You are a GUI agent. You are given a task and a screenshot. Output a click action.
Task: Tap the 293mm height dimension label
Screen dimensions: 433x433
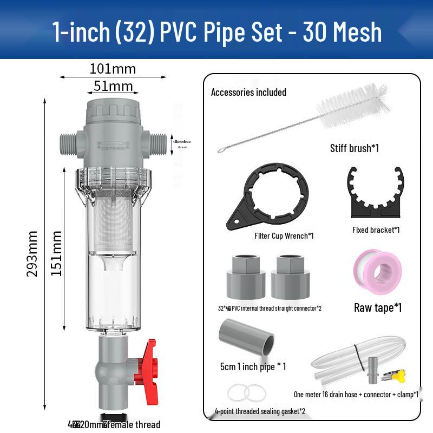(x=33, y=253)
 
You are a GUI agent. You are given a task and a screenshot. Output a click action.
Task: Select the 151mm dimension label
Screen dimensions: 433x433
(x=56, y=253)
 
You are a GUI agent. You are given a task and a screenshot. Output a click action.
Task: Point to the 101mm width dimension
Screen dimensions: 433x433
(x=113, y=69)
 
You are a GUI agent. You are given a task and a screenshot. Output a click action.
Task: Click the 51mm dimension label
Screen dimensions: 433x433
(x=113, y=86)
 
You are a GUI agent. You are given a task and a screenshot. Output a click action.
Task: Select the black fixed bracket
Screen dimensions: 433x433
(x=375, y=193)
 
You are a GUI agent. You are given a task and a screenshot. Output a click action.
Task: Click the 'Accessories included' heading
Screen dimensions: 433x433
(x=248, y=92)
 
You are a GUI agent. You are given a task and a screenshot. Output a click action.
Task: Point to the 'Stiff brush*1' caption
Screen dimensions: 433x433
(x=355, y=148)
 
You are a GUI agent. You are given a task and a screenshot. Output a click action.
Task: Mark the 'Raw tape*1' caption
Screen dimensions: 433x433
(x=378, y=308)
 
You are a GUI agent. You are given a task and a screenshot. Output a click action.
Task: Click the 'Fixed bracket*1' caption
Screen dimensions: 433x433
(x=376, y=230)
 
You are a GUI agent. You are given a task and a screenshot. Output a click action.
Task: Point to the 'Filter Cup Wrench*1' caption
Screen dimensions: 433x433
(x=284, y=236)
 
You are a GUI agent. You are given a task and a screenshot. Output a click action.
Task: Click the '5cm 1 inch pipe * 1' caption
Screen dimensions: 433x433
(x=253, y=366)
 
